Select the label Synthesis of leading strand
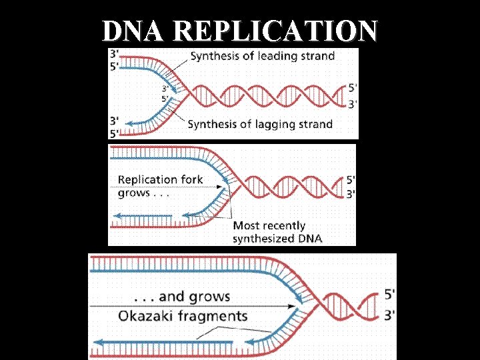tap(263, 56)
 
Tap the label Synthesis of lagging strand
tap(260, 123)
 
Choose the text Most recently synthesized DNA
tap(277, 232)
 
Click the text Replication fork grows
tap(160, 185)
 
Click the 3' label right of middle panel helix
tap(351, 194)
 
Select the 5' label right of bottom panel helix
tap(390, 293)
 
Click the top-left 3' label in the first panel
tap(115, 54)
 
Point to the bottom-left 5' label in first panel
tap(115, 133)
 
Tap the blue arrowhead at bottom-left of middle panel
tap(115, 216)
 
